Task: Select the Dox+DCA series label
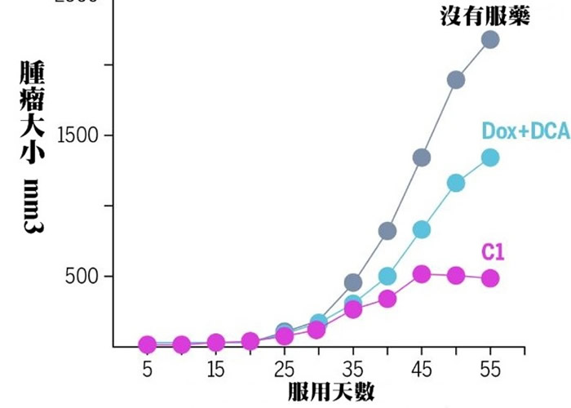click(525, 131)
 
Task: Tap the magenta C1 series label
click(494, 252)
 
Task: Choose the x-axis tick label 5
click(147, 369)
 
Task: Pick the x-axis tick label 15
click(216, 369)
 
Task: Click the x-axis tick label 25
click(284, 369)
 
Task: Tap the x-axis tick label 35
click(353, 369)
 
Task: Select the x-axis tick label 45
click(422, 369)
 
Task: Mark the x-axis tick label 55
click(490, 369)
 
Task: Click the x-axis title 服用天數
click(330, 392)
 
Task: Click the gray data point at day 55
click(490, 39)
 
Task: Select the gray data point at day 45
click(422, 157)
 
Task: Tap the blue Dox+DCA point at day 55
click(490, 157)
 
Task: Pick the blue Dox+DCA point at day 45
click(422, 229)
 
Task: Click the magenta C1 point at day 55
click(490, 278)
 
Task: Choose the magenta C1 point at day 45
click(422, 274)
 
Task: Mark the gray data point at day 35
click(353, 282)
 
